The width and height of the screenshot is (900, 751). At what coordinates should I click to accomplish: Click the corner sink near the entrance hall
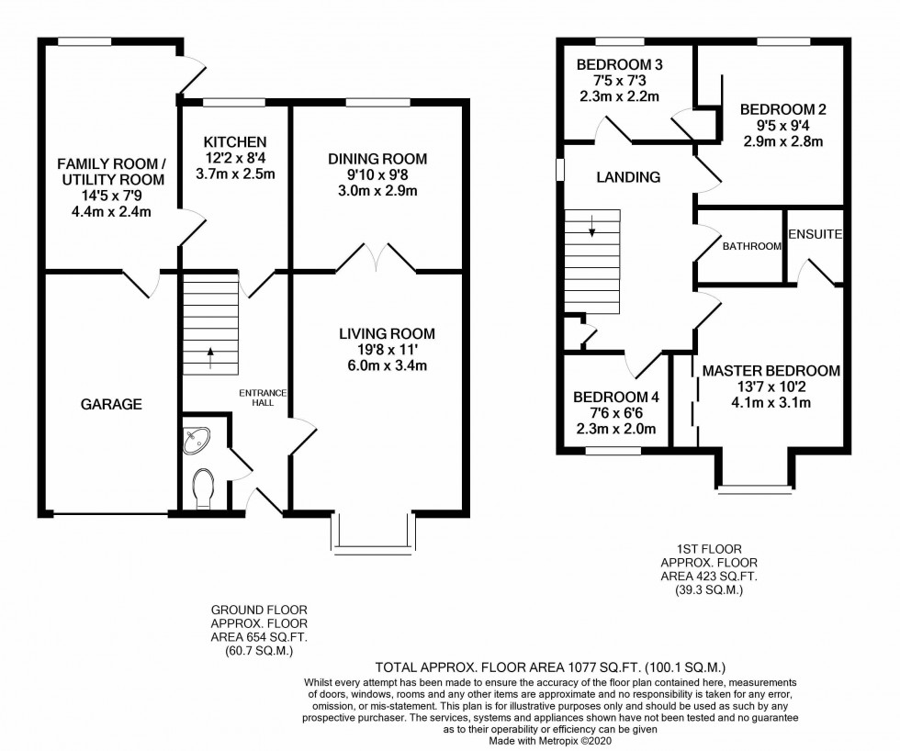coord(197,442)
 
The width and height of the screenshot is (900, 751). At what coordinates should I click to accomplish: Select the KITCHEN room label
coord(235,141)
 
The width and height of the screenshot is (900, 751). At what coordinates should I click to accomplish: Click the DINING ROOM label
coord(377,159)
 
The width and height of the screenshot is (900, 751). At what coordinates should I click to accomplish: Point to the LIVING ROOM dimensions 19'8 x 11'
coord(386,350)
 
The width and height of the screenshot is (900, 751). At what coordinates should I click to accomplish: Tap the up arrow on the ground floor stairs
coord(210,353)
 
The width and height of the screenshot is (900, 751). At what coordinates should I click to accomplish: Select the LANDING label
coord(628,177)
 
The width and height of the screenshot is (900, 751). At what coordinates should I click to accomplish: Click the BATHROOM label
coord(751,246)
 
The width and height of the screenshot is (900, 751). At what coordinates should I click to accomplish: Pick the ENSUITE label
coord(815,234)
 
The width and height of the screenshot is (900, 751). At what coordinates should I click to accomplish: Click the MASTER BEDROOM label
coord(771,371)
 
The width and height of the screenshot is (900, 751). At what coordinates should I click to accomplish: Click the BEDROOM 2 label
coord(783,109)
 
